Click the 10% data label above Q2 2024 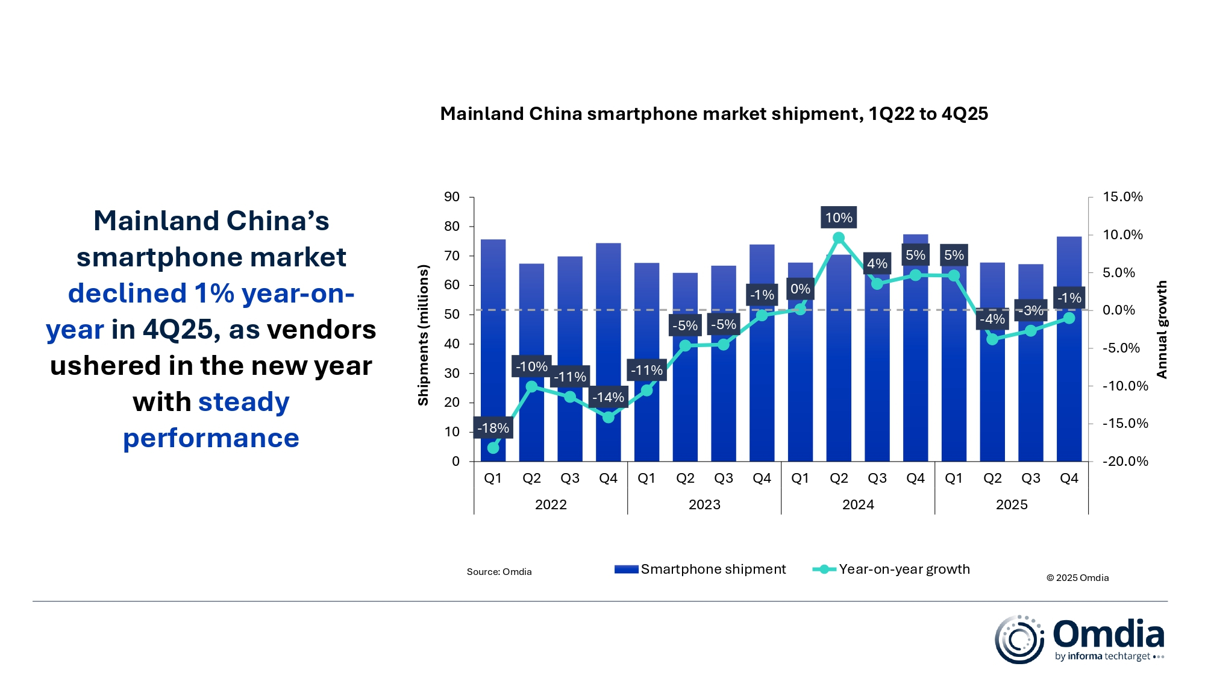[838, 218]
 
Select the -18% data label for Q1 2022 [493, 428]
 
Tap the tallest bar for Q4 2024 [915, 362]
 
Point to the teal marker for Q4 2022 [609, 417]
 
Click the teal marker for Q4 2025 [1069, 318]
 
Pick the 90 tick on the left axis [452, 197]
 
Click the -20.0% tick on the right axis [1125, 462]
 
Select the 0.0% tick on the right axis [1118, 310]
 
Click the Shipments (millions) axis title [424, 335]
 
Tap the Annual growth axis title [1162, 330]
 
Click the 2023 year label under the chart [704, 504]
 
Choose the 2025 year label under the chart [1012, 504]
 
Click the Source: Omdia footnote [499, 572]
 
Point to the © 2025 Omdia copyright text [1077, 578]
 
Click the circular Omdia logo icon [1019, 639]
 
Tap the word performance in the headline [211, 438]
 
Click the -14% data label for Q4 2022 [608, 397]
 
